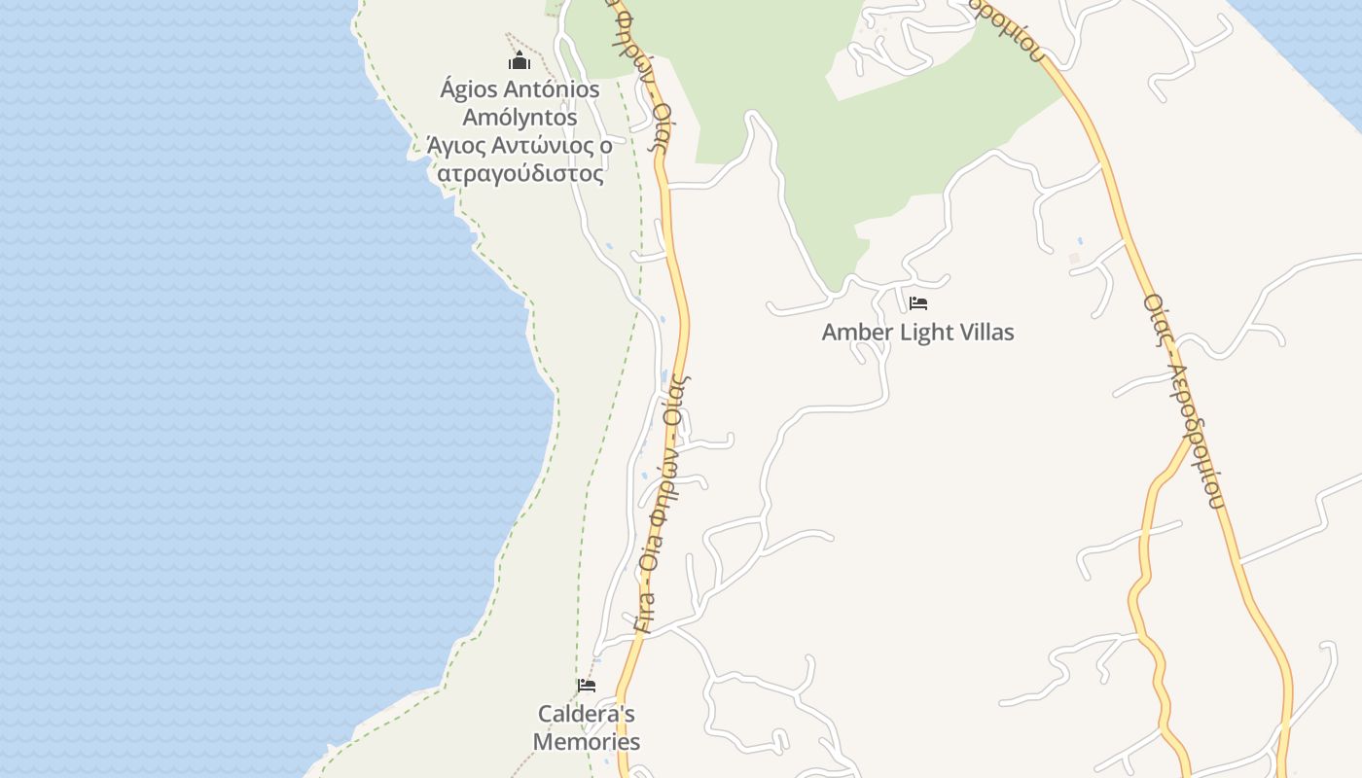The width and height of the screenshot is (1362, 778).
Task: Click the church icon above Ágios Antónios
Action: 520,61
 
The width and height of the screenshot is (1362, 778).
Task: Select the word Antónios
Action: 554,89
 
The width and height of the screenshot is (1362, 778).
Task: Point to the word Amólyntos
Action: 520,118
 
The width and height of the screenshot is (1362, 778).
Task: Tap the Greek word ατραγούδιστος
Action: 520,174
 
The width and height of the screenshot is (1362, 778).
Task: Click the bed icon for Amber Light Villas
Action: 917,303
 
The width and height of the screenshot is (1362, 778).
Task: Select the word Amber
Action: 856,333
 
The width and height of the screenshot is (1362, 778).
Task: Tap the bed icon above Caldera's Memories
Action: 586,686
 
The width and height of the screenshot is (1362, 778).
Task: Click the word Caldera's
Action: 586,714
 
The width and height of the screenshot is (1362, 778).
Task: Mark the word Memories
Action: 586,742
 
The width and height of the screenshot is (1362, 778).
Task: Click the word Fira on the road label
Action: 645,614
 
